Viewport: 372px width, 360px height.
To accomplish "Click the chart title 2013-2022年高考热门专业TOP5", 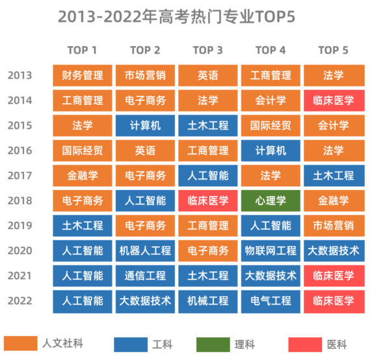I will pos(177,17).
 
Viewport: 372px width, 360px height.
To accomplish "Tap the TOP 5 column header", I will pos(333,50).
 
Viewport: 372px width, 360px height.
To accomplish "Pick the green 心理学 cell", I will pos(271,201).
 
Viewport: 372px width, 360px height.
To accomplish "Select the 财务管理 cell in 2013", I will pos(83,76).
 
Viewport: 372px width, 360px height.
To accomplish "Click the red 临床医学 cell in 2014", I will pos(333,101).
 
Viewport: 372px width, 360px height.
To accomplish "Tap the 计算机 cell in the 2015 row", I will pos(145,126).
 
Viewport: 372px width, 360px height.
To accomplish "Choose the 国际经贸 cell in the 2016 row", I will pos(83,150).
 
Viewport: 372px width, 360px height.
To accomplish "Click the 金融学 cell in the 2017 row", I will pos(83,176).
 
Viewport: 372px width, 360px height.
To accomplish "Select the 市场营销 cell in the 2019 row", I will pos(333,226).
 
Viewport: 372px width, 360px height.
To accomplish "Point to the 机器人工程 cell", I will pos(145,251).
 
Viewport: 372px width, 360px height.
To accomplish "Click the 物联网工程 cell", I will pos(271,251).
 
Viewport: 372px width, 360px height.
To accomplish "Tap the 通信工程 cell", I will pos(145,275).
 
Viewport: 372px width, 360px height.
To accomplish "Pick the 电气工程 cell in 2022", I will pos(271,301).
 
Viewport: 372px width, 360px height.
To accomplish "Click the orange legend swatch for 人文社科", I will pos(20,344).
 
